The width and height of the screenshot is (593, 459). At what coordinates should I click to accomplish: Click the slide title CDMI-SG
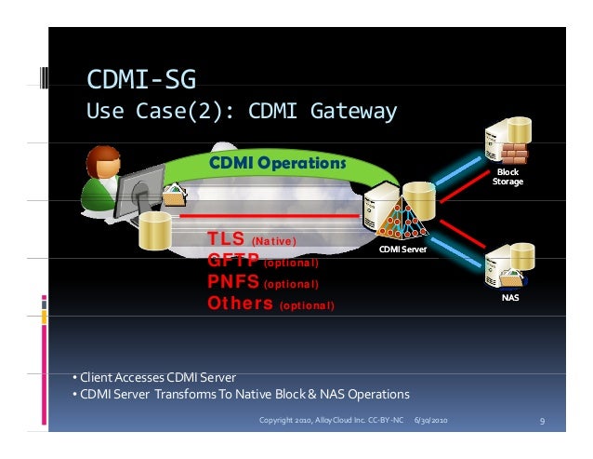tap(140, 76)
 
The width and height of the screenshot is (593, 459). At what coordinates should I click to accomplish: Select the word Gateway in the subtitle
tap(349, 112)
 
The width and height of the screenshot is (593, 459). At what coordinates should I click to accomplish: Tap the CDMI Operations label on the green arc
tap(276, 164)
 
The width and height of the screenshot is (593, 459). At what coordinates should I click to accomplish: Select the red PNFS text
tap(233, 282)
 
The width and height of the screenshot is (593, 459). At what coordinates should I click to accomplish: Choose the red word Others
tap(240, 304)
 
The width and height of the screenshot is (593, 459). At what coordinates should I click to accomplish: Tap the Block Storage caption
tap(508, 177)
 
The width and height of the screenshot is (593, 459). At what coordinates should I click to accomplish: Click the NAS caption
tap(510, 298)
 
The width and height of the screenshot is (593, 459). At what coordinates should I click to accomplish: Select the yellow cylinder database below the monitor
tap(157, 229)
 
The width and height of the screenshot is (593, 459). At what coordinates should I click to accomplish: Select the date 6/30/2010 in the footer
tap(430, 422)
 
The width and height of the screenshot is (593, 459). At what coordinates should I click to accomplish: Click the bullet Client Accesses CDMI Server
tap(153, 377)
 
